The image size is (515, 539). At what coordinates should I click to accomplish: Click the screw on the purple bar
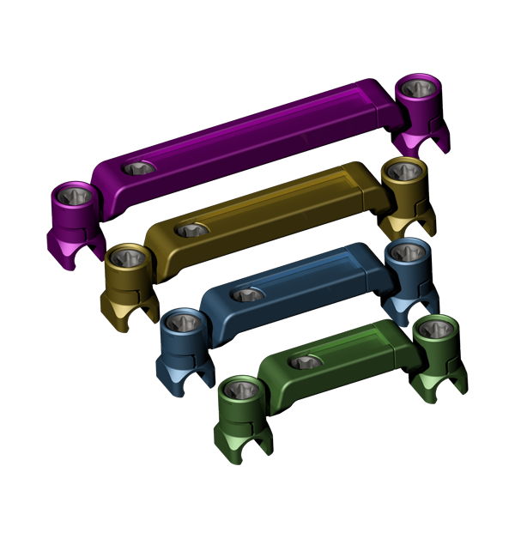pyautogui.click(x=138, y=168)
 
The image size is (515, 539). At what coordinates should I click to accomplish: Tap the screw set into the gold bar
pyautogui.click(x=192, y=230)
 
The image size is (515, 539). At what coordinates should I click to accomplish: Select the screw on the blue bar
pyautogui.click(x=248, y=294)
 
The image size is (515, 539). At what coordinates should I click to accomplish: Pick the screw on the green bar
pyautogui.click(x=306, y=361)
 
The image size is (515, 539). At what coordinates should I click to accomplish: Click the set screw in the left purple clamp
pyautogui.click(x=76, y=196)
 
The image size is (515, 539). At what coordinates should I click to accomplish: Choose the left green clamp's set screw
pyautogui.click(x=239, y=390)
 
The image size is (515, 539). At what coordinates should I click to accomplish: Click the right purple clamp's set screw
pyautogui.click(x=418, y=88)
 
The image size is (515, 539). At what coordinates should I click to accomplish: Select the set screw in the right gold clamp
pyautogui.click(x=403, y=171)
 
